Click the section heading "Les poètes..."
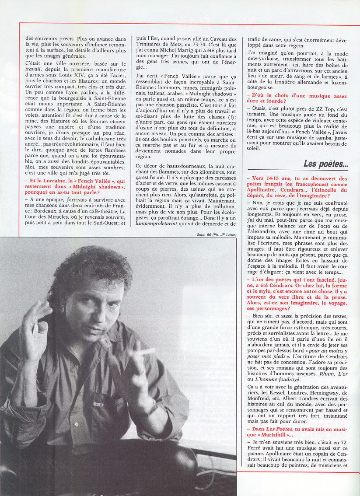click(x=325, y=164)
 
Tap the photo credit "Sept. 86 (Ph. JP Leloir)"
click(x=217, y=234)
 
